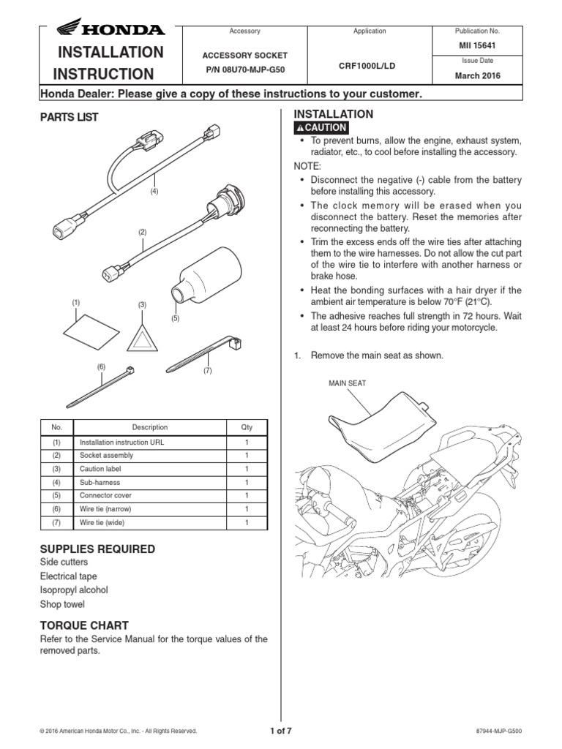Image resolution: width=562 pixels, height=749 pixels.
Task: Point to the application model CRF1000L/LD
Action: (x=369, y=64)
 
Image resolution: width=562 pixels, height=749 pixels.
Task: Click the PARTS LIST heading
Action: (x=69, y=117)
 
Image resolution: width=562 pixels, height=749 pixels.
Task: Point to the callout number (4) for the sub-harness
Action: (x=154, y=191)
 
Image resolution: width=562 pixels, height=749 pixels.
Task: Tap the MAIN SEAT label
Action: (x=348, y=383)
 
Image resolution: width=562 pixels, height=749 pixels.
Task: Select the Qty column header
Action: (x=246, y=427)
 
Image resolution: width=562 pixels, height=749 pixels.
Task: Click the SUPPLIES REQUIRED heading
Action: (x=97, y=549)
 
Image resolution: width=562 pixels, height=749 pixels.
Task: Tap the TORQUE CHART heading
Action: (x=84, y=625)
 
